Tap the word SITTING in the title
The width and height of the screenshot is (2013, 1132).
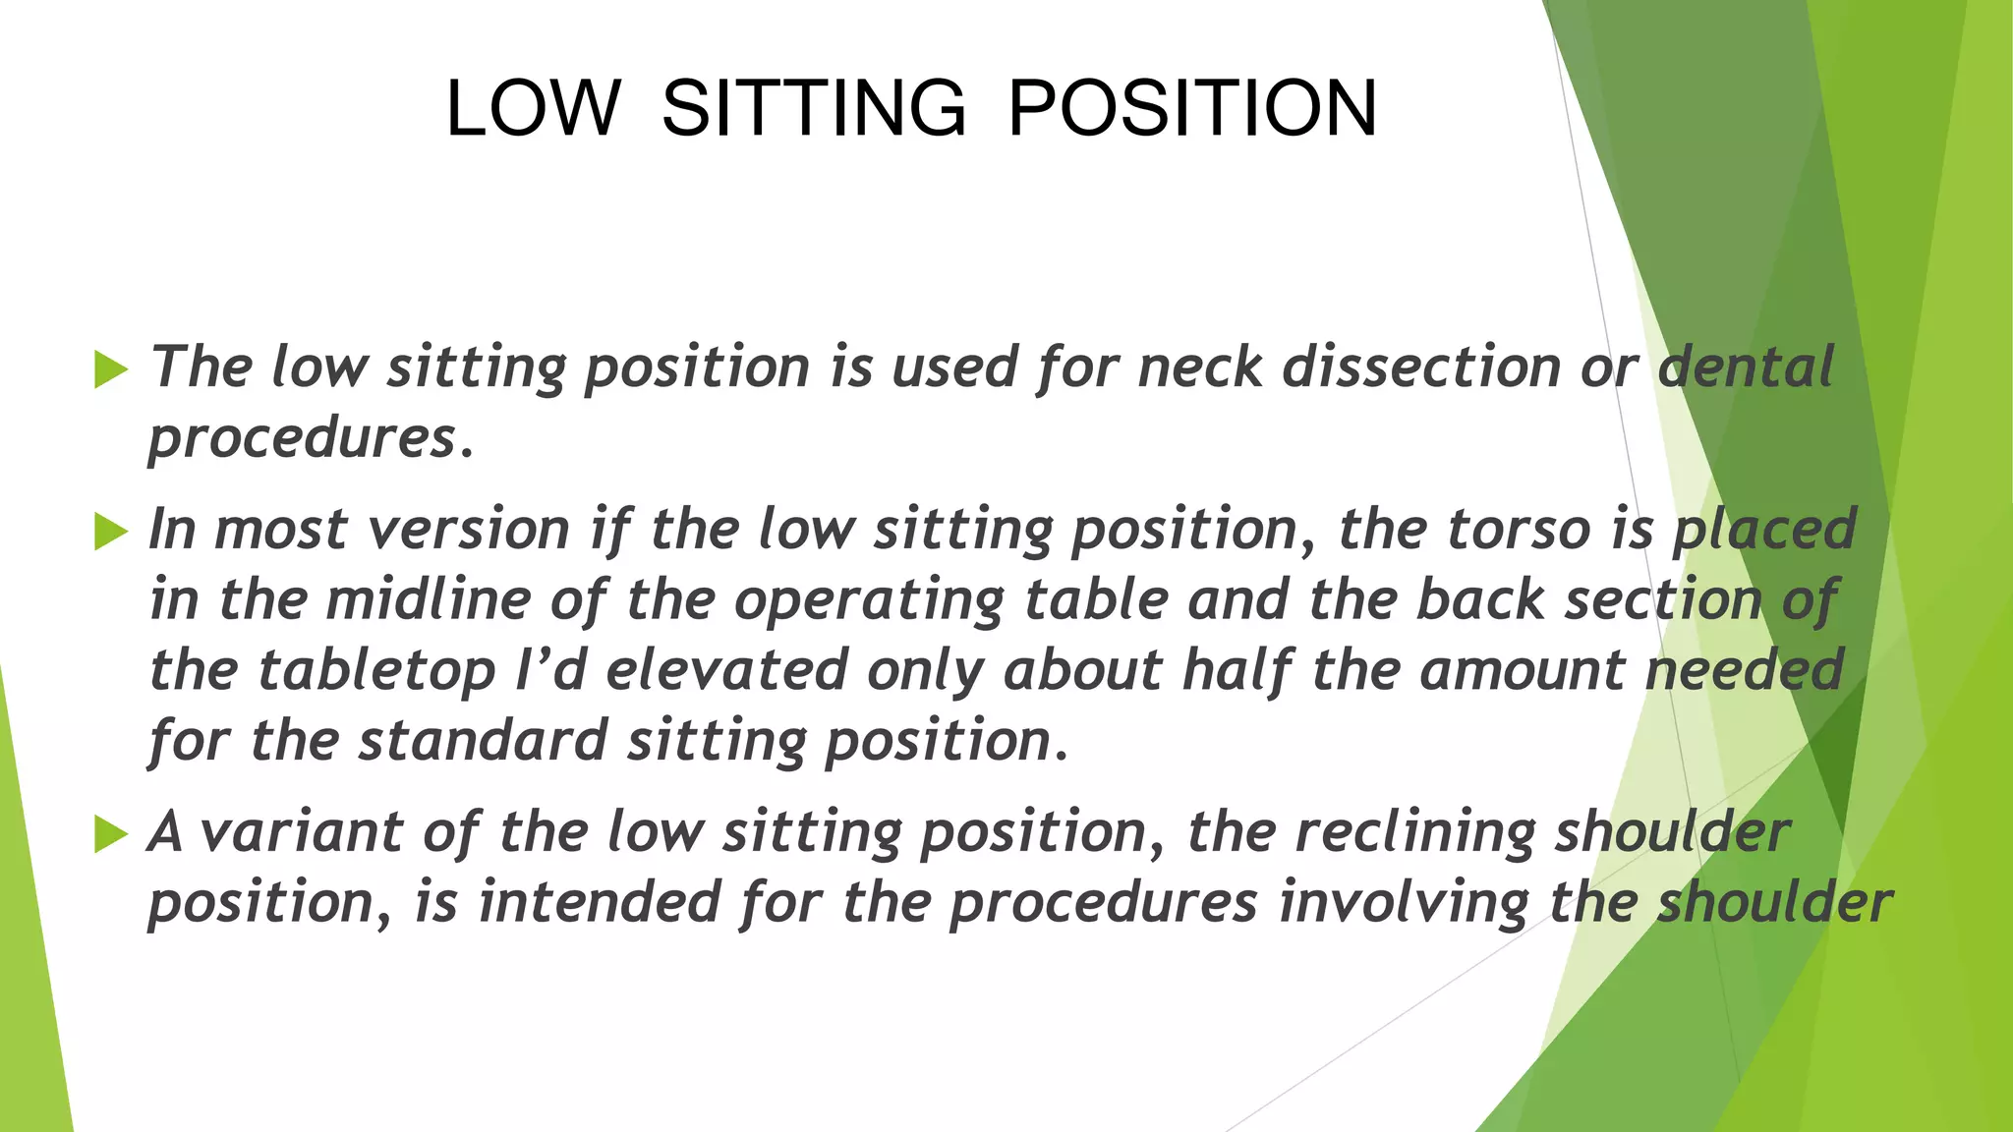[x=813, y=107]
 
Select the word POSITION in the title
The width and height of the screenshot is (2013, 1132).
[x=1192, y=107]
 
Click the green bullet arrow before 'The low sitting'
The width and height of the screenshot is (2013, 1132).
[x=111, y=370]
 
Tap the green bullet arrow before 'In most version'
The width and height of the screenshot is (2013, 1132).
[x=111, y=533]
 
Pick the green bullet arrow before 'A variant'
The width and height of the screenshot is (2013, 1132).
[x=111, y=835]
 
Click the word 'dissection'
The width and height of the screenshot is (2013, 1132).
[x=1421, y=368]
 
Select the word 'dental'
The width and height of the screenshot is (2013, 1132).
[x=1746, y=368]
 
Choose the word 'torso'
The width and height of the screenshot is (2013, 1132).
[x=1519, y=530]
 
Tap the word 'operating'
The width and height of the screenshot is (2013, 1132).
[x=869, y=601]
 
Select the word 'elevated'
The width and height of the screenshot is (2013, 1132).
[x=726, y=670]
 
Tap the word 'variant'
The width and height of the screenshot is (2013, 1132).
[x=301, y=832]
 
